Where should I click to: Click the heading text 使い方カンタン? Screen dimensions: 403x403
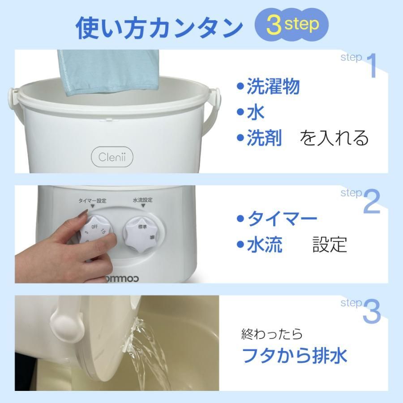coord(159,28)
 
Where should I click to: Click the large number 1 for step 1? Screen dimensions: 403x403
coord(372,66)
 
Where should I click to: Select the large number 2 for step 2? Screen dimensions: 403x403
coord(372,201)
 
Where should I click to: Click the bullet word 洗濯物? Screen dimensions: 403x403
coord(273,87)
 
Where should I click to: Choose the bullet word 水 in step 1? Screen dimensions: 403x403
coord(256,112)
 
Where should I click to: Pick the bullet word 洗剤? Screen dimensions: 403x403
coord(264,138)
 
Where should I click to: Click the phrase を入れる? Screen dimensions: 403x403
coord(334,138)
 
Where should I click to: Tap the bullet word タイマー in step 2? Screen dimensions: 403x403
coord(282,219)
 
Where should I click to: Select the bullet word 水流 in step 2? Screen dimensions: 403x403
coord(265,245)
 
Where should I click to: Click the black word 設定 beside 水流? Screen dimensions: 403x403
coord(330,244)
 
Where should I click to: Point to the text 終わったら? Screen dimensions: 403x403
coord(272,334)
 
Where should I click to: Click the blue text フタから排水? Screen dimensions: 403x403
coord(294,356)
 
